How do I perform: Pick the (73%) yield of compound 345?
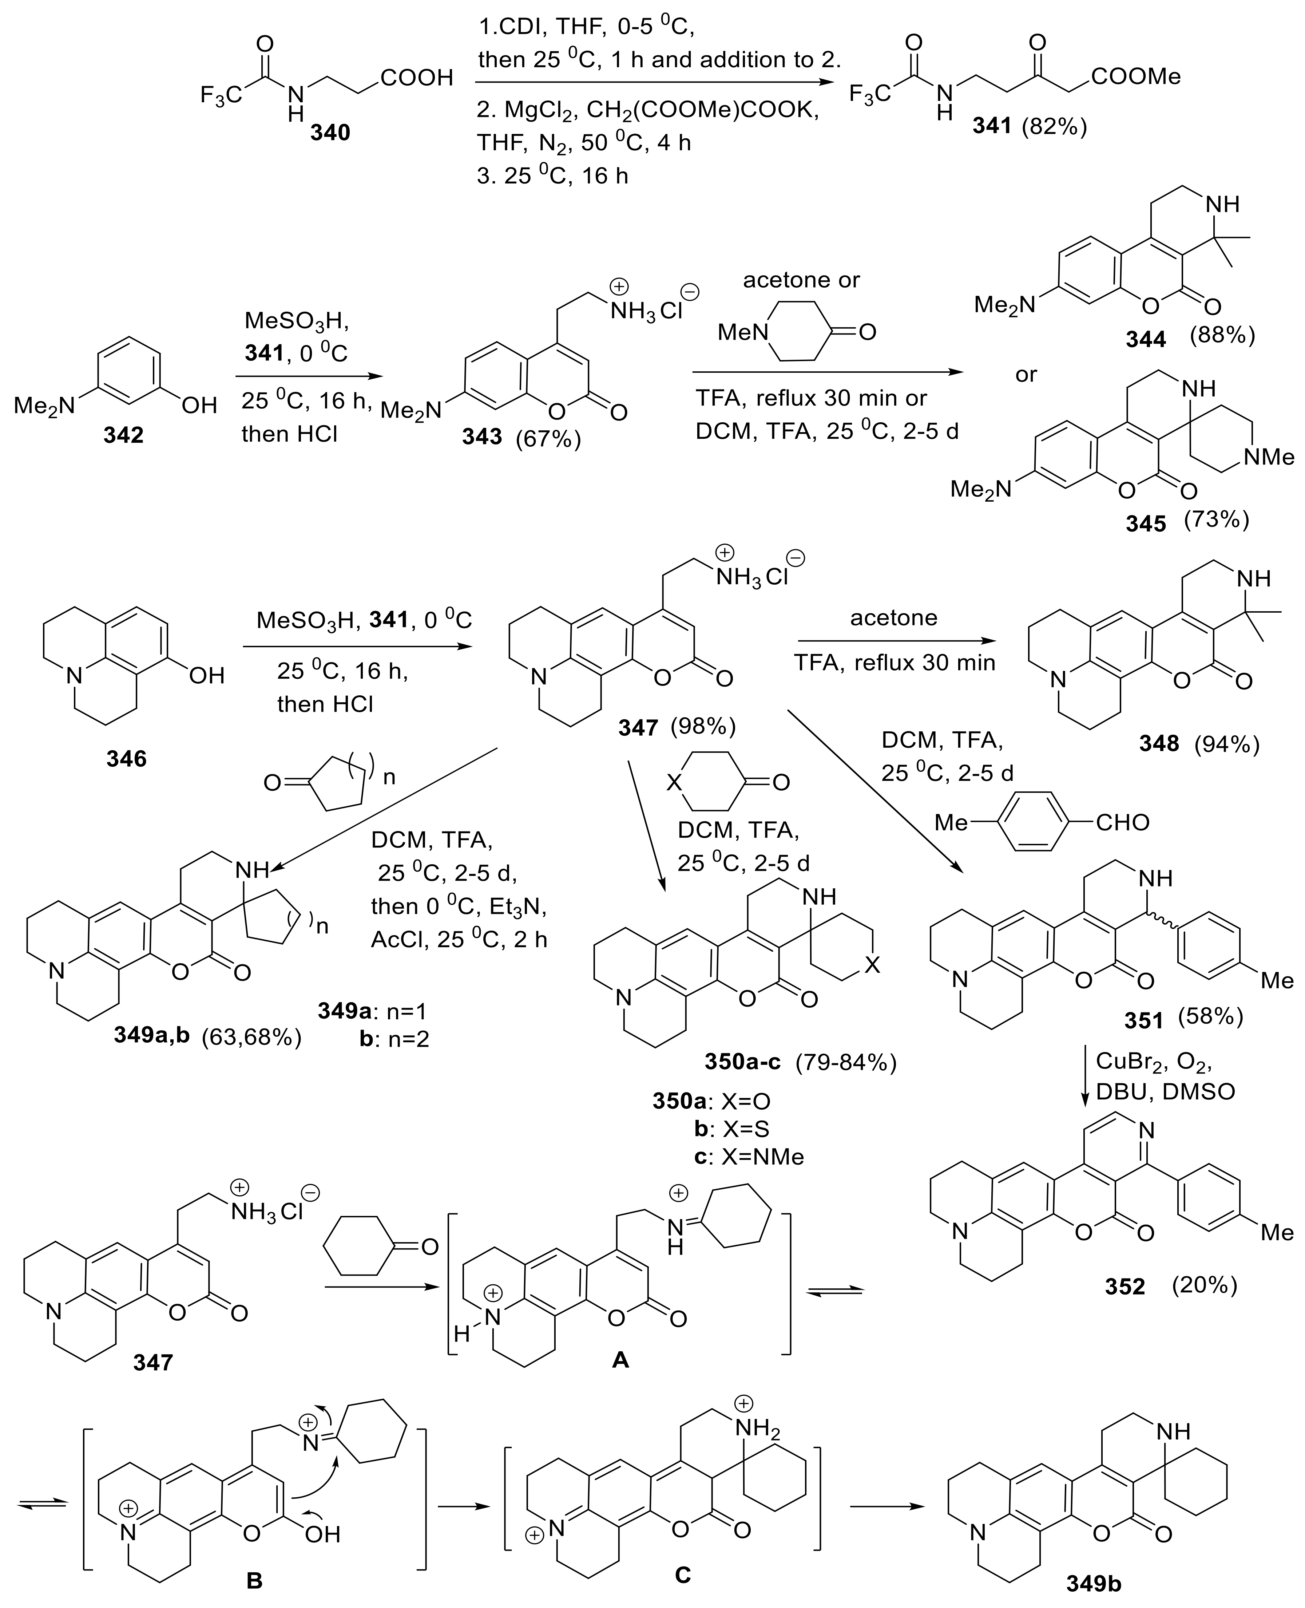coord(1216,521)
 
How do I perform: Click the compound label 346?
coord(126,759)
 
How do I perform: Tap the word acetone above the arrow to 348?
coord(894,618)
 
